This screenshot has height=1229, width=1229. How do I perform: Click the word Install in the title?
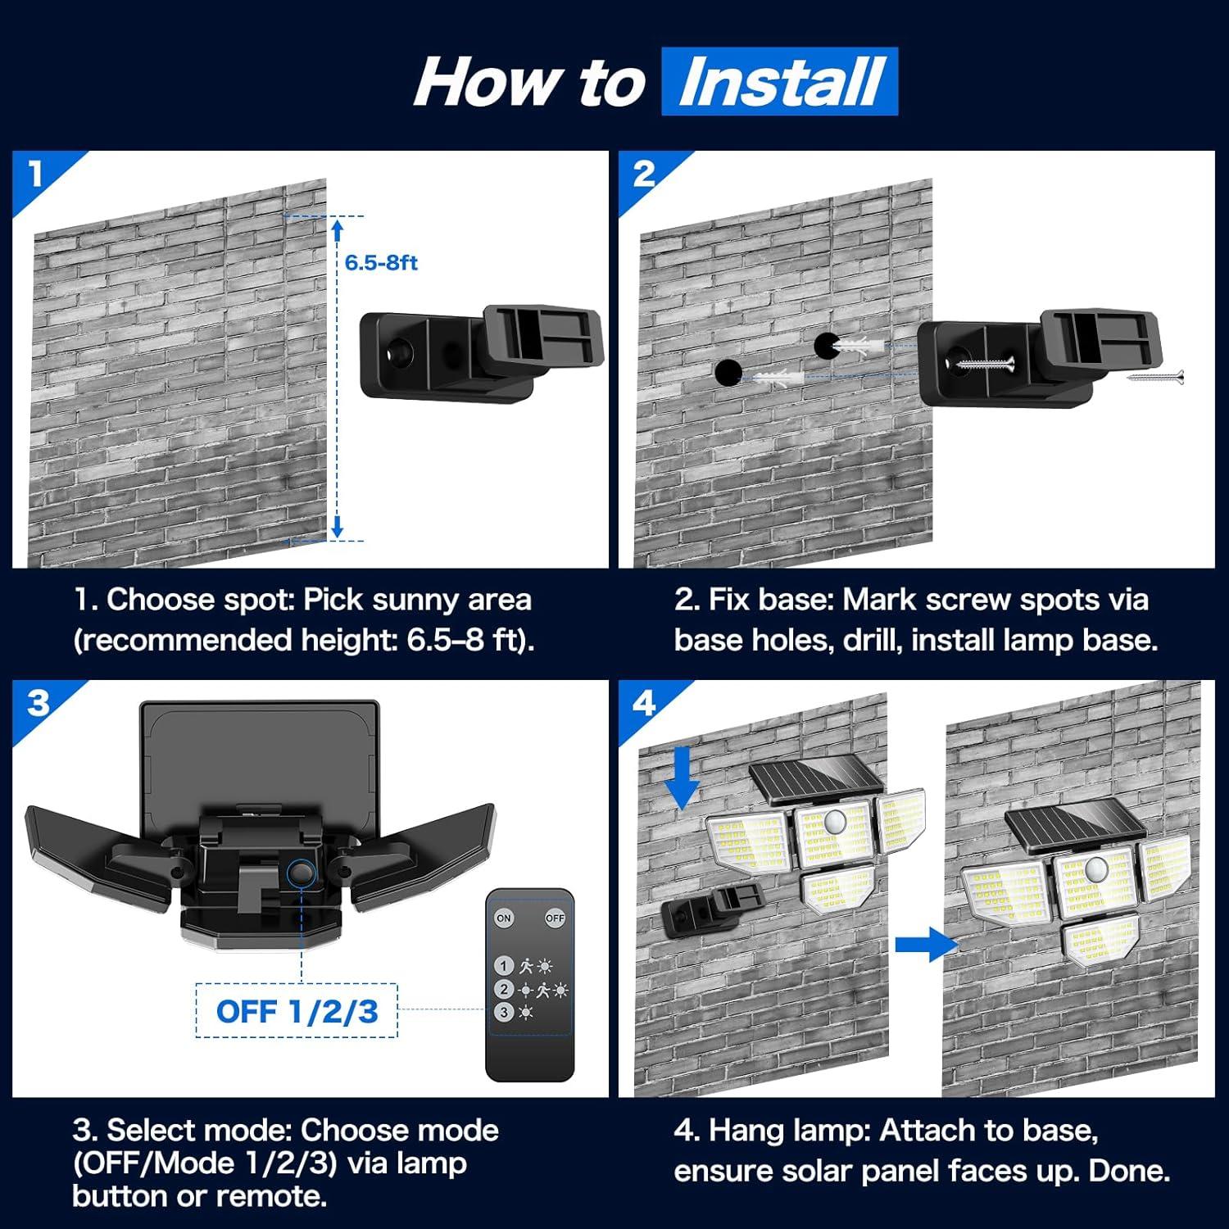780,82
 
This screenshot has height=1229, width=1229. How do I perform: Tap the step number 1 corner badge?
35,174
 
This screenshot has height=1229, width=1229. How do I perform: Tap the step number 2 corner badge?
644,174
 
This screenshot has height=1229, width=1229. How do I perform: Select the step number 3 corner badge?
38,703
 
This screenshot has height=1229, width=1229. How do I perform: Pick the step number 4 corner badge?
644,703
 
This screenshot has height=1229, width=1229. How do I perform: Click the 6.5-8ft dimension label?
381,263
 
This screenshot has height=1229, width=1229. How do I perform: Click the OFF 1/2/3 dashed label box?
297,1011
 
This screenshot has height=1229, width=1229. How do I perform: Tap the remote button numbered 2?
504,990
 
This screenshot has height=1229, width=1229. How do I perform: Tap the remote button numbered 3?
504,1013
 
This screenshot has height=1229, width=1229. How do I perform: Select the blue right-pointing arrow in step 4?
926,945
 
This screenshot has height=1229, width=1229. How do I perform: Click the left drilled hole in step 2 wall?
728,373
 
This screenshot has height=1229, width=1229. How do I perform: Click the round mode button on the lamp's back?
302,873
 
